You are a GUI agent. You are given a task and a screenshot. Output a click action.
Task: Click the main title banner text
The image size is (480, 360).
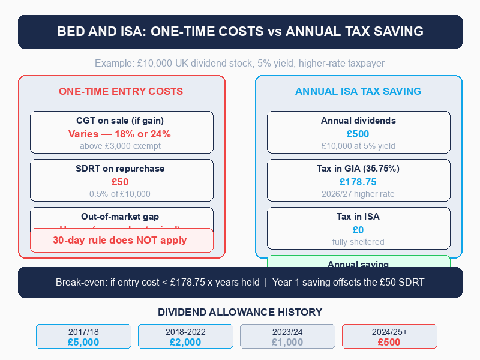point(240,31)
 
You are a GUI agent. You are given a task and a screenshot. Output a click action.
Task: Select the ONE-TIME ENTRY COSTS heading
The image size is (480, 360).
point(121,91)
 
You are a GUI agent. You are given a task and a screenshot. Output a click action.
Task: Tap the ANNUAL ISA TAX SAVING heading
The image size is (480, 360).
point(358,91)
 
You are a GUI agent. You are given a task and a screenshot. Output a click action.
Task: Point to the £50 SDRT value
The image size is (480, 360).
point(120,182)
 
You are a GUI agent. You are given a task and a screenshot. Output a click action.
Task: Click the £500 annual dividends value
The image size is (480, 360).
point(358,134)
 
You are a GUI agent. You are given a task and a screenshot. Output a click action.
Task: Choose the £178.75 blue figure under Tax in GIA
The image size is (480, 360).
point(358,182)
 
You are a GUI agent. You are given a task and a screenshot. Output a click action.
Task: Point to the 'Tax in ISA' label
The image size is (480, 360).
point(358,217)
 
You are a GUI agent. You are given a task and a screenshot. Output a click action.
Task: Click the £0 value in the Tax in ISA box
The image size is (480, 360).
point(358,230)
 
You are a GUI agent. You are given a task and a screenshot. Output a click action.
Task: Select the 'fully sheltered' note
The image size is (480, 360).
point(358,242)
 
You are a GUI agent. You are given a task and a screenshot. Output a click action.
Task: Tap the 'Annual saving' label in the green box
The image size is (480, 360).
point(358,264)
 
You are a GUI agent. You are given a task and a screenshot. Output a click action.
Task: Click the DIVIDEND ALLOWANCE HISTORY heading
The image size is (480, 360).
point(240,312)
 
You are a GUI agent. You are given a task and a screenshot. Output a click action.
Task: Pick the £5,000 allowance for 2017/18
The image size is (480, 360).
point(83,342)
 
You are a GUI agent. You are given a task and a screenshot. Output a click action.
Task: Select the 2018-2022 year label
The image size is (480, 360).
point(185,332)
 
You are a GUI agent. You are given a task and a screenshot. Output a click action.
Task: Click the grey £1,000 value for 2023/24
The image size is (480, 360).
point(287,342)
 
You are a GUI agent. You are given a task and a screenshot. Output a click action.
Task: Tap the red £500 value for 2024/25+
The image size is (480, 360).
point(389,342)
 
